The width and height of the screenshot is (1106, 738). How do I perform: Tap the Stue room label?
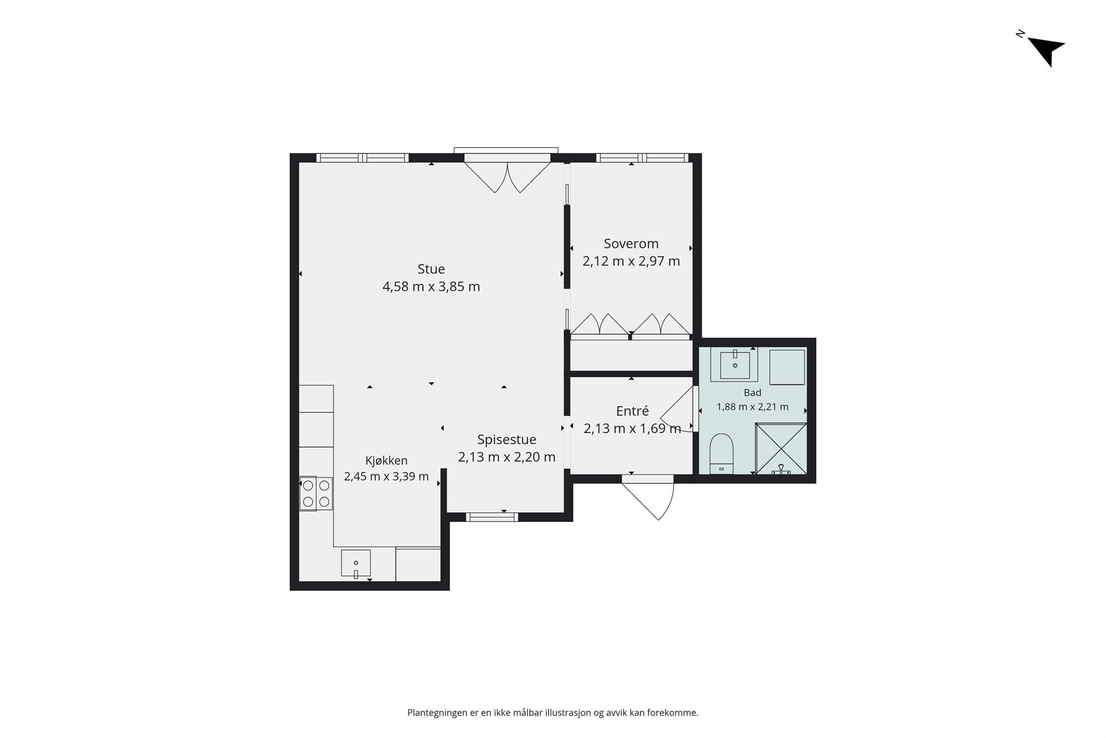[x=431, y=269]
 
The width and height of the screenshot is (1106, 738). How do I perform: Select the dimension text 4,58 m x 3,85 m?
[x=431, y=286]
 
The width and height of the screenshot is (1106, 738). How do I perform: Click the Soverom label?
[x=631, y=244]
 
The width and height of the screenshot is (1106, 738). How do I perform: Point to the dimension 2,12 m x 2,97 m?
[x=631, y=261]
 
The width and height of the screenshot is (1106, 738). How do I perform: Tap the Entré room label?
[x=632, y=411]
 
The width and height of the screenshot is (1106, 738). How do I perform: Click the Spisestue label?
[x=507, y=440]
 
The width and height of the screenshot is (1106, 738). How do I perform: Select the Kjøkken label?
[x=386, y=461]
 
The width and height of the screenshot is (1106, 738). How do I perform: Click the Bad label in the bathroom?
[x=752, y=393]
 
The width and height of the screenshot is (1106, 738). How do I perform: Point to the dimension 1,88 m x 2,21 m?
[x=752, y=407]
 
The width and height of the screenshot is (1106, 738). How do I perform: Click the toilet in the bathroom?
[x=721, y=453]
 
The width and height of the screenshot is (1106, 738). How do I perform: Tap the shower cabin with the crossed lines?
[x=781, y=449]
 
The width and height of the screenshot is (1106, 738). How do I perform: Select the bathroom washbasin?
[x=734, y=365]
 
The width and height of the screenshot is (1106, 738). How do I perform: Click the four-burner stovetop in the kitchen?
[x=316, y=493]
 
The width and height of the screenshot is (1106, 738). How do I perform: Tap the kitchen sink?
[x=356, y=563]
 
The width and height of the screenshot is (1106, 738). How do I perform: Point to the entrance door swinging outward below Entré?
[x=648, y=497]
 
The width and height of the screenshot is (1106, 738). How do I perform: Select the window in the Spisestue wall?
[x=492, y=517]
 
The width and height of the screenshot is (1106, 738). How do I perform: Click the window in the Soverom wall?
[x=642, y=158]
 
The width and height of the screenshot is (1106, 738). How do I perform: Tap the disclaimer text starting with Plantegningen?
[x=552, y=713]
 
